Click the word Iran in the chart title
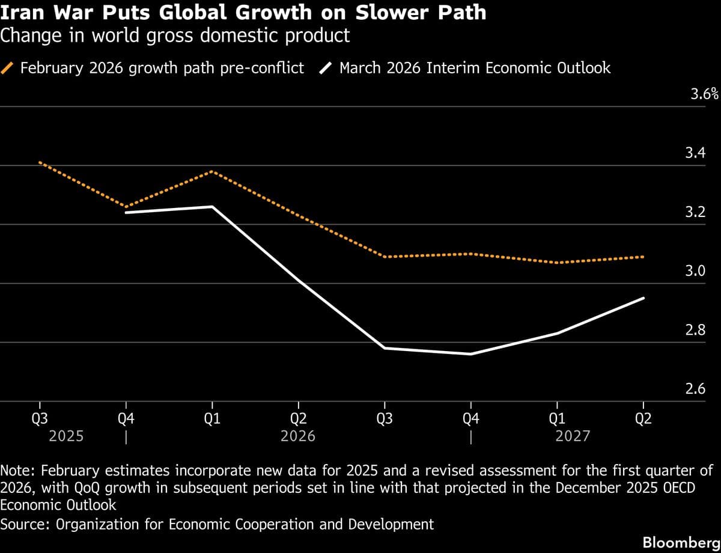click(x=22, y=12)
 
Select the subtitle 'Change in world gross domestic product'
click(x=175, y=35)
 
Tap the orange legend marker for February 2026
click(x=9, y=68)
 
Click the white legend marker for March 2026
click(x=327, y=68)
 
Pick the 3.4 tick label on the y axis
click(x=695, y=154)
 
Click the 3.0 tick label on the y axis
click(x=695, y=272)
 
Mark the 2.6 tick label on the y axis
click(x=695, y=390)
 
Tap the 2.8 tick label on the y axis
click(x=695, y=331)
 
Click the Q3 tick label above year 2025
click(x=40, y=419)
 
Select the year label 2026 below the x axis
click(x=298, y=436)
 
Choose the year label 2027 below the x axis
click(x=573, y=436)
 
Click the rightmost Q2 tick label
click(x=643, y=419)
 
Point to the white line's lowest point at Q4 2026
click(x=471, y=354)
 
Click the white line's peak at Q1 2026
click(x=212, y=207)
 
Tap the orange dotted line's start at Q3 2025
click(x=40, y=162)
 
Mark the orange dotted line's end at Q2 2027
click(x=643, y=257)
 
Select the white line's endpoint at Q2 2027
click(x=643, y=298)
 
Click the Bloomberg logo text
click(x=681, y=542)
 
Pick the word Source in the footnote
click(x=23, y=524)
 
